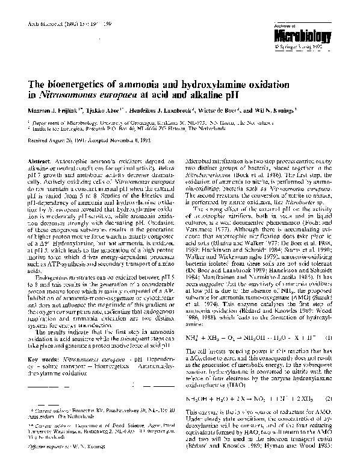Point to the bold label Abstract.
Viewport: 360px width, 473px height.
pos(40,162)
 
